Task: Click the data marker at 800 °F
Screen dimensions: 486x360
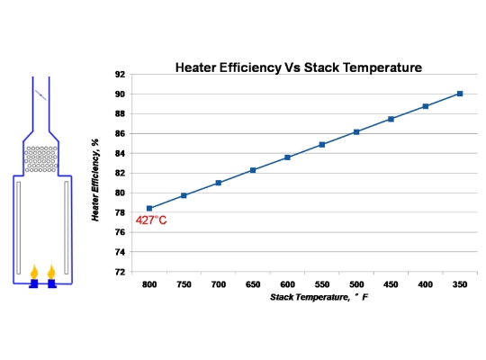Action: click(149, 209)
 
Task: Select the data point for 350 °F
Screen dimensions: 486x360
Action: click(460, 94)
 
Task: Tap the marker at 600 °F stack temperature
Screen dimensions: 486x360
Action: click(287, 157)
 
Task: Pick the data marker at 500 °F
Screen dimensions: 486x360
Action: click(356, 132)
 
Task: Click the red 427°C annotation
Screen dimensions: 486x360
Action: click(151, 220)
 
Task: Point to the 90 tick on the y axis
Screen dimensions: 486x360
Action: click(120, 94)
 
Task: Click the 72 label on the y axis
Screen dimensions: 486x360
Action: click(120, 272)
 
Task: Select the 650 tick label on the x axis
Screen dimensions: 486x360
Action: click(253, 284)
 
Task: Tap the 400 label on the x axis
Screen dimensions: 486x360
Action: click(425, 284)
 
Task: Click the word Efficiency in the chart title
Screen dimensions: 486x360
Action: click(250, 67)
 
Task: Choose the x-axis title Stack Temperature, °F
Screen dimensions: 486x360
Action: click(319, 297)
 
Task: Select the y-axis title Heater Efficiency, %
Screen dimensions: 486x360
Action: click(95, 180)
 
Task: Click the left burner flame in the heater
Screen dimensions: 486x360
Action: click(34, 272)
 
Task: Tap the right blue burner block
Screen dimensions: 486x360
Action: click(51, 283)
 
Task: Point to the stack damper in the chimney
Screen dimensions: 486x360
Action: click(40, 94)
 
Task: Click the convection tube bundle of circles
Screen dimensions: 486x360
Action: click(41, 159)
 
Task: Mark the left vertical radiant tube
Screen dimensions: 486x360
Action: click(19, 228)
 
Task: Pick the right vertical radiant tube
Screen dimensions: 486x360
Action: click(67, 228)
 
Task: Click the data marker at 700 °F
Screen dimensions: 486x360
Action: click(219, 183)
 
